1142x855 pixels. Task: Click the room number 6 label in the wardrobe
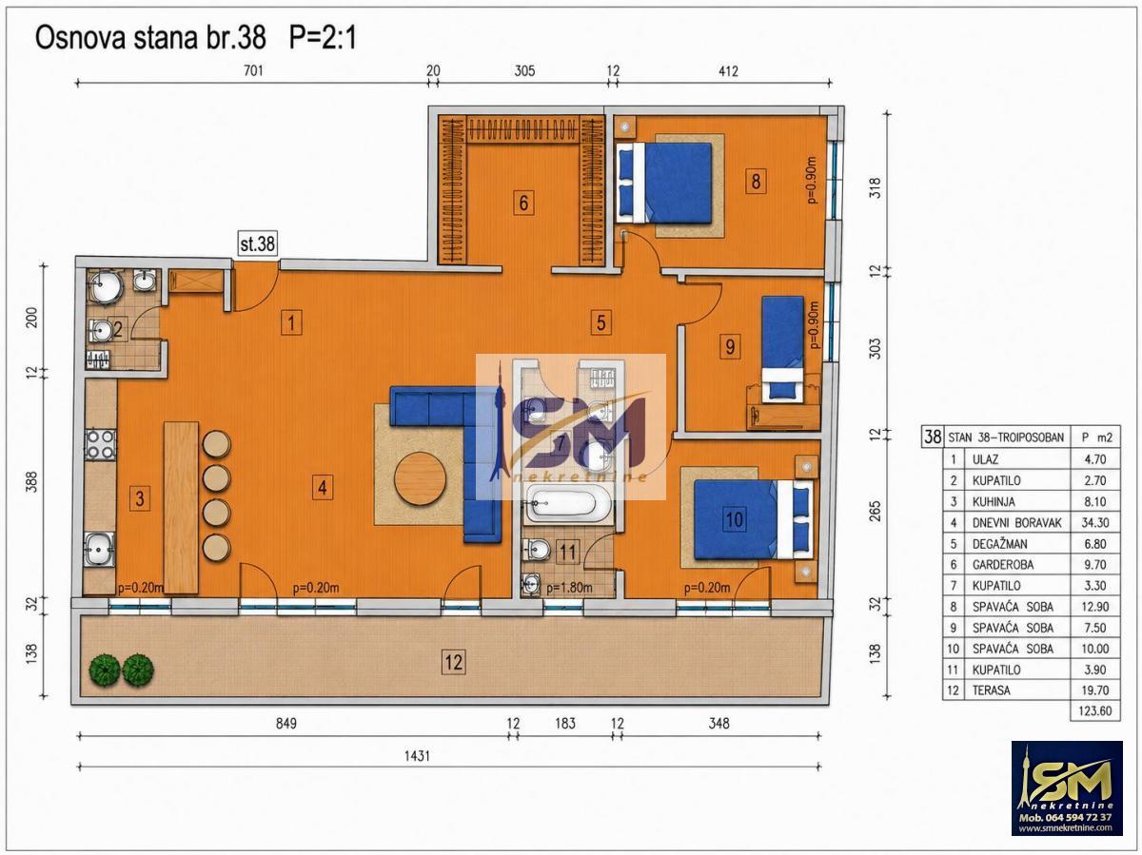523,203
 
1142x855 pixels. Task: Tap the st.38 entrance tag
258,243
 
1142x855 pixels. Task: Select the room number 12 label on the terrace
453,662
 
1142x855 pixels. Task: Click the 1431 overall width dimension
417,756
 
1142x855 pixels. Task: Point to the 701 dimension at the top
253,70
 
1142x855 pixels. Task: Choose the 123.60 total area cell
1094,710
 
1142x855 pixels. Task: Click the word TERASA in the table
992,690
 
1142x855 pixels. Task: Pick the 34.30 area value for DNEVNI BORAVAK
1094,522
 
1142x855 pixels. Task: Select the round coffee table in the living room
420,478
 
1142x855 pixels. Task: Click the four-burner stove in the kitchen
101,445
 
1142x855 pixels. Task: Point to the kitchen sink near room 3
99,549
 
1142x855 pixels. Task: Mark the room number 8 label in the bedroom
756,182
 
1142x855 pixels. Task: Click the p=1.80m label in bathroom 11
569,588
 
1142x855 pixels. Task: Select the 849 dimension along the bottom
286,723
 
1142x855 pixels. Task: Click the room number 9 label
730,346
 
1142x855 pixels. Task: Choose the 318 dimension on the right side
876,188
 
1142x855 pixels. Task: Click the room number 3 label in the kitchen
140,498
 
